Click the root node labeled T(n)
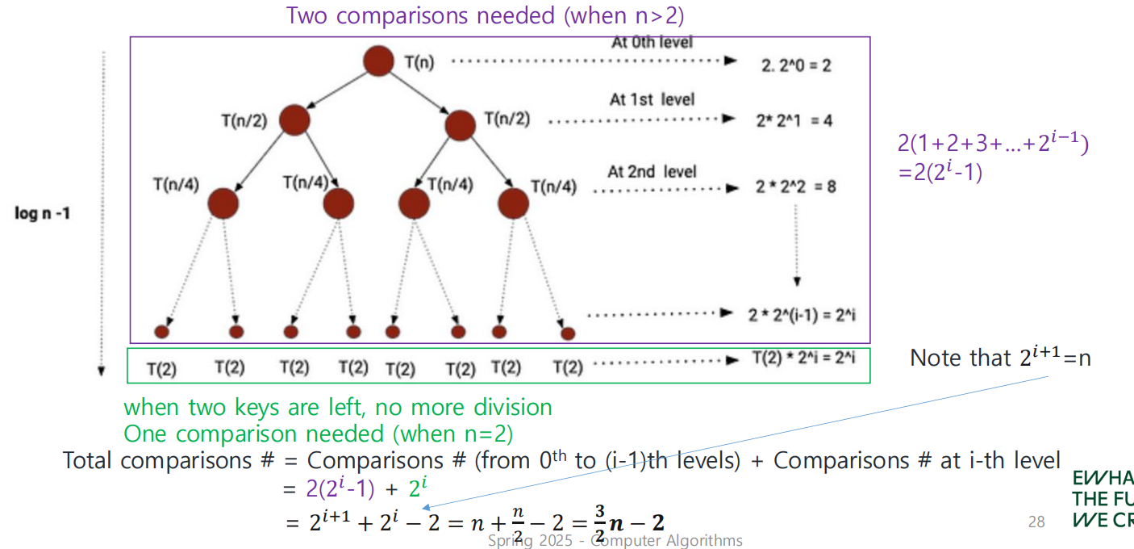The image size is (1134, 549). pyautogui.click(x=378, y=62)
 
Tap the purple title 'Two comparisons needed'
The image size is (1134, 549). pyautogui.click(x=486, y=15)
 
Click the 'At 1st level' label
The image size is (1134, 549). pyautogui.click(x=652, y=99)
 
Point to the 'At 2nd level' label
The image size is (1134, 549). pyautogui.click(x=652, y=171)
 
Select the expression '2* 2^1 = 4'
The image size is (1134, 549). pyautogui.click(x=794, y=120)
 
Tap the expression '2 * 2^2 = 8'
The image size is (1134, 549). pyautogui.click(x=795, y=186)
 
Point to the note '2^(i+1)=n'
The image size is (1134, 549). pyautogui.click(x=1000, y=357)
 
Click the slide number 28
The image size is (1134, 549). pyautogui.click(x=1036, y=522)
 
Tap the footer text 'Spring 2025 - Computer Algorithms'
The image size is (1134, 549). pyautogui.click(x=615, y=540)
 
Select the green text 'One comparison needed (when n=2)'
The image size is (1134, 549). pyautogui.click(x=318, y=434)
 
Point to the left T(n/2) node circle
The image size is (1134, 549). pyautogui.click(x=294, y=120)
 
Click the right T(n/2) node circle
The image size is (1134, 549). pyautogui.click(x=460, y=124)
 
